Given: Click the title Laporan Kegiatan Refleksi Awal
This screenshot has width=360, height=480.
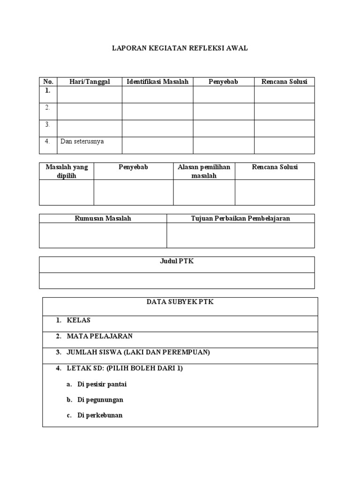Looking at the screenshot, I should (180, 48).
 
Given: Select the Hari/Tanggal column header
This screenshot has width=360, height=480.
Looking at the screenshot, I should (90, 82).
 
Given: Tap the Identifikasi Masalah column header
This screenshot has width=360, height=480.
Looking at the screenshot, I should (157, 82).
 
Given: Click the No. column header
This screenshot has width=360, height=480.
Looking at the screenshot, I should (48, 82).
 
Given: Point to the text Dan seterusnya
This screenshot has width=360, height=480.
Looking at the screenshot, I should (82, 141).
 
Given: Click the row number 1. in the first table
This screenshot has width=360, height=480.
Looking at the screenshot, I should (48, 91).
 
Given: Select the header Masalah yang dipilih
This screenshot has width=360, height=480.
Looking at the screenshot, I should (67, 171).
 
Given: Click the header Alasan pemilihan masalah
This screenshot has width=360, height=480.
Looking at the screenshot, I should (204, 171).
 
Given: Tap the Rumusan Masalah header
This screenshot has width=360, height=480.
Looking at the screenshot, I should (103, 218).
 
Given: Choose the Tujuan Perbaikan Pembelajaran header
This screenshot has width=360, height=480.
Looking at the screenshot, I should (240, 218).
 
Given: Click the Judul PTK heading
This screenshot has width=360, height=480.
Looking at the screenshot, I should (177, 262).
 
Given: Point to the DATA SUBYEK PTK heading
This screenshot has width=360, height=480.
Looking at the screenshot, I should (180, 302).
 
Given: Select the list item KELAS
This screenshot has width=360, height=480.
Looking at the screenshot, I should (78, 320).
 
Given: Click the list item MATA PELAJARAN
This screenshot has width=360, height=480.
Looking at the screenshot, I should (99, 336).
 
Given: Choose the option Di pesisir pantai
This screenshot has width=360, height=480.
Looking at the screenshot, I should (102, 384).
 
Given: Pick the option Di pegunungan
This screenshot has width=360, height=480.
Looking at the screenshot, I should (100, 400).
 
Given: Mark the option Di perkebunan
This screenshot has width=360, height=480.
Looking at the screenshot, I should (100, 415).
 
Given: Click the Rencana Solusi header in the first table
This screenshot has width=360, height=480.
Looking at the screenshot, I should (284, 82).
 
